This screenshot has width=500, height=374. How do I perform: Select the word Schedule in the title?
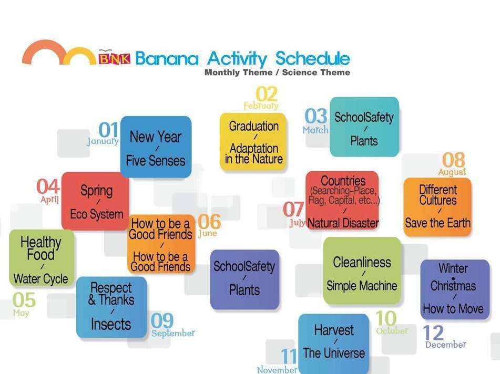(312, 58)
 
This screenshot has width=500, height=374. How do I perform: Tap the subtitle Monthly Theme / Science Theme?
(277, 72)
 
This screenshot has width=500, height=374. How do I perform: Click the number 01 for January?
(108, 130)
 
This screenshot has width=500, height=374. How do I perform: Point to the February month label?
(261, 106)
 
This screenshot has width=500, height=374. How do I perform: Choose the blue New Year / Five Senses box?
(156, 147)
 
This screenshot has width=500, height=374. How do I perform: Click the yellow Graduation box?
(253, 142)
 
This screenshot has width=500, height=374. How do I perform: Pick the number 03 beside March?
(315, 116)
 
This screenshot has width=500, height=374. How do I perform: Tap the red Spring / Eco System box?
(95, 201)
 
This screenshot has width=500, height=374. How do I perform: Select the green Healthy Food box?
(42, 258)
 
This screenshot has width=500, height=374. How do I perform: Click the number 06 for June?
(209, 222)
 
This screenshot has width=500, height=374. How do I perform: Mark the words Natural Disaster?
(343, 223)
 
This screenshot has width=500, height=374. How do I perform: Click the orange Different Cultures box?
(437, 207)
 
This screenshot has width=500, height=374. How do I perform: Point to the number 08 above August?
(453, 160)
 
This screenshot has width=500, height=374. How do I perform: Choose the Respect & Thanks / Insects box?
(111, 307)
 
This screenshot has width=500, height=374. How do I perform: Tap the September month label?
(173, 333)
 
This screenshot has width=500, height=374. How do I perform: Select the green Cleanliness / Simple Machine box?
(362, 271)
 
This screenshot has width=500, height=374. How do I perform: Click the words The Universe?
(334, 353)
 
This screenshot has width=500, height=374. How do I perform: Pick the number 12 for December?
(433, 333)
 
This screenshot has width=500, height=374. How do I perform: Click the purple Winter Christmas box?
(455, 289)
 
